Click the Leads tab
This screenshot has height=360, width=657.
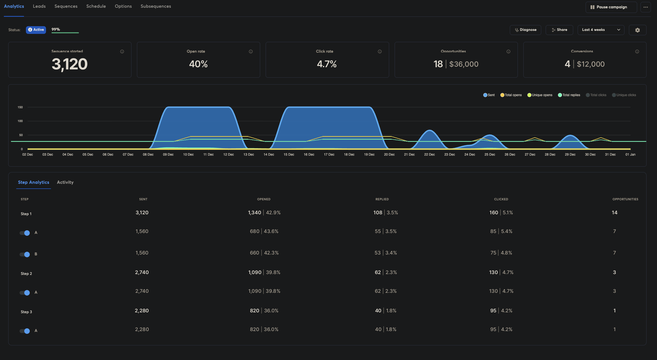coord(39,6)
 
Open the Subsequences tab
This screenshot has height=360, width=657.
coord(156,6)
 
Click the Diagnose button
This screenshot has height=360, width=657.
coord(525,30)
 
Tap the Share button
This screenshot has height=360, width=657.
coord(559,30)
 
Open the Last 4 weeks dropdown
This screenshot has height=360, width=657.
coord(601,30)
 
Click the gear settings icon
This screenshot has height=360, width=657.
coord(637,30)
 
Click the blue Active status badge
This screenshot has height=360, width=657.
coord(36,30)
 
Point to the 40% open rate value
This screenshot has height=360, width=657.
coord(198,64)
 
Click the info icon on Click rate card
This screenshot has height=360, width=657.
coord(379,52)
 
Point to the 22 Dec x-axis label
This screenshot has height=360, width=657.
coord(429,155)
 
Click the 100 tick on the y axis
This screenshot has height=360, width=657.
coord(20,121)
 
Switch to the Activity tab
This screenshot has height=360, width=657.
coord(65,182)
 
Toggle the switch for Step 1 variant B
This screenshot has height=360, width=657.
coord(25,254)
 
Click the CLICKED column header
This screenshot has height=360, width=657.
coord(501,199)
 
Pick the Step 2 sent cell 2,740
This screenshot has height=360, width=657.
coord(142,272)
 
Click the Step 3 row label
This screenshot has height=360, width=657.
coord(26,312)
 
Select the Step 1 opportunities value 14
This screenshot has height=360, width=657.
coord(614,213)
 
